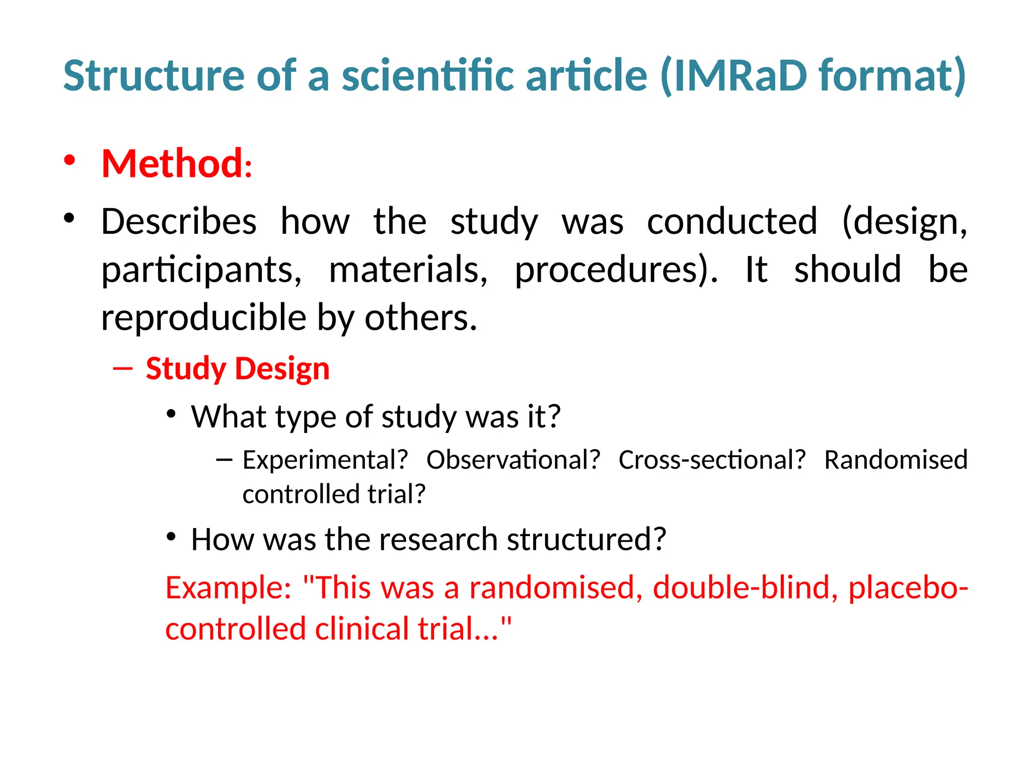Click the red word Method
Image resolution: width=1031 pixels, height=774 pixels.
(x=172, y=164)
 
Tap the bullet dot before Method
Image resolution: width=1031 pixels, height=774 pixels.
(x=69, y=160)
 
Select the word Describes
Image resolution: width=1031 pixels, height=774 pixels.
(x=179, y=222)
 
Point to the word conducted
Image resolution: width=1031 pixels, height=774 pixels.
(x=731, y=222)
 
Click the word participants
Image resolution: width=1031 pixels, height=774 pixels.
(x=201, y=271)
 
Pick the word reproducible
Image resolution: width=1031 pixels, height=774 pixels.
(x=204, y=318)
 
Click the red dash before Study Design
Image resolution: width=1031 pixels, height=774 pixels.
(x=123, y=369)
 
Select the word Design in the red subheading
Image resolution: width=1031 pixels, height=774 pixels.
(x=282, y=368)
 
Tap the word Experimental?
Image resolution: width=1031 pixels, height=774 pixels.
(x=325, y=460)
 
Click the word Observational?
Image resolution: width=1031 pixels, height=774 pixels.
(x=513, y=460)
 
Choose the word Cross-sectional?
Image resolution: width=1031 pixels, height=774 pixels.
(x=712, y=460)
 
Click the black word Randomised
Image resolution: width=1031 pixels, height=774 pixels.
(x=896, y=460)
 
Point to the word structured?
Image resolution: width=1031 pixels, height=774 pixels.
(x=586, y=540)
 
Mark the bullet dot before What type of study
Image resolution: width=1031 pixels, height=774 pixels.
(x=171, y=414)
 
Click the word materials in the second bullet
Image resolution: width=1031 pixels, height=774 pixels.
(x=408, y=271)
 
